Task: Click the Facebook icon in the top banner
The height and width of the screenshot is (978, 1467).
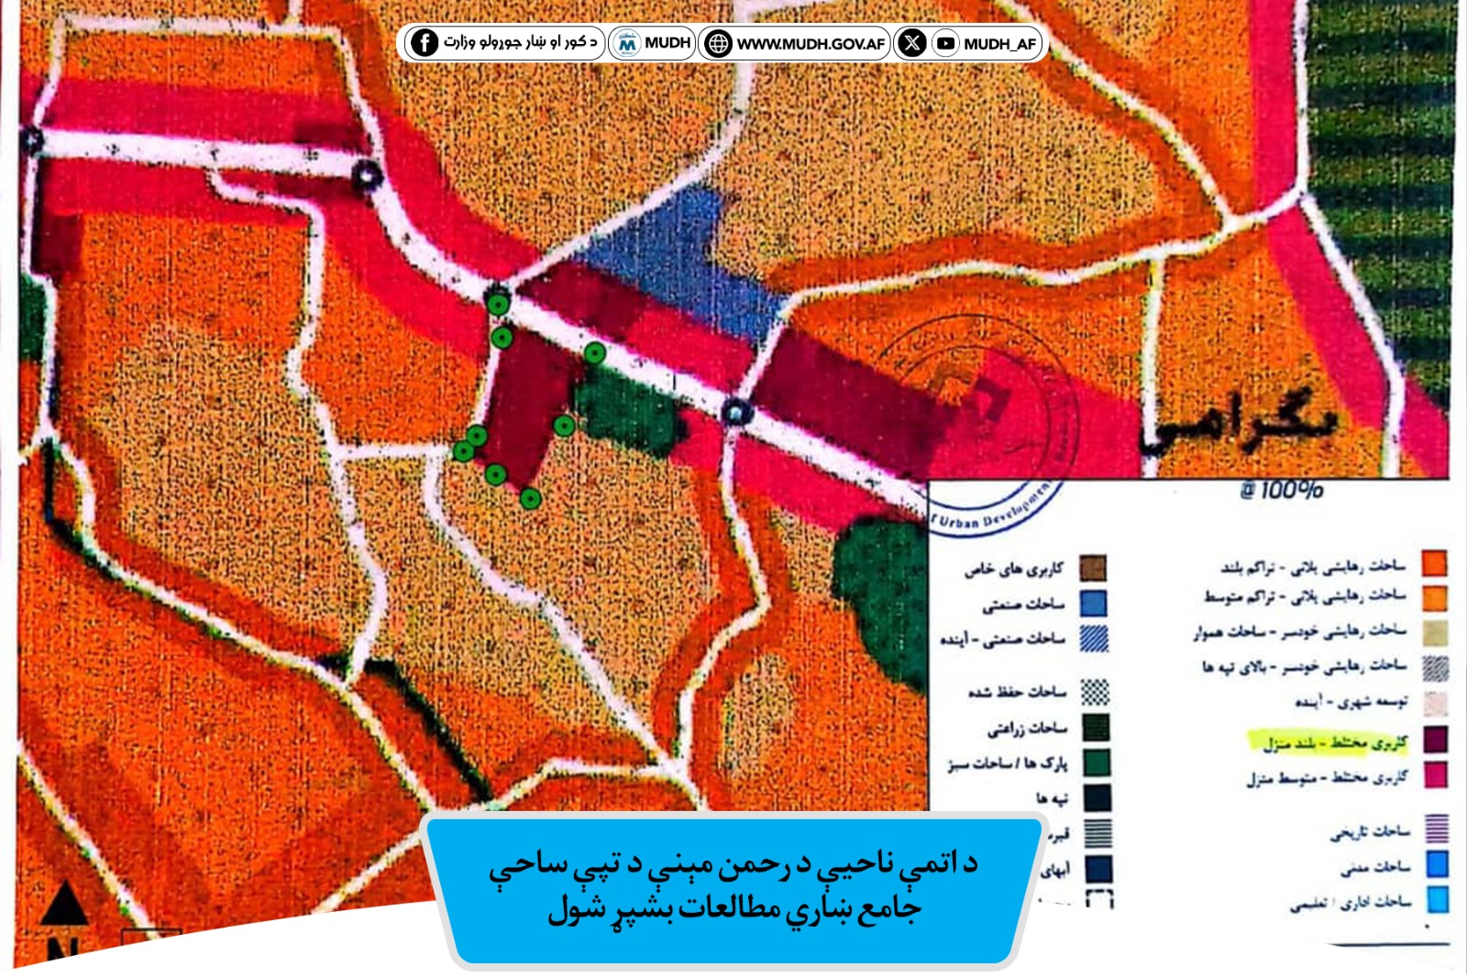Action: (x=424, y=42)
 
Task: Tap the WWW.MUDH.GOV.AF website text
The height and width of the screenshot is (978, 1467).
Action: (x=811, y=43)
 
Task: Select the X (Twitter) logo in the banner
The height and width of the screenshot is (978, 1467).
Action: (x=911, y=42)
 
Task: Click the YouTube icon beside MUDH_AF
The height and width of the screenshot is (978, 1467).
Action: (x=945, y=43)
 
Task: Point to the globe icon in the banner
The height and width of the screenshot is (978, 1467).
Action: (x=718, y=43)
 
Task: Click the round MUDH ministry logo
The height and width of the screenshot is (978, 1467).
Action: (x=627, y=43)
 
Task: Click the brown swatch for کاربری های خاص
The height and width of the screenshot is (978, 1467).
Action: (x=1093, y=568)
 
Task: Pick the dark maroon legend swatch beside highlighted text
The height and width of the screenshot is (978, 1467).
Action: (x=1435, y=739)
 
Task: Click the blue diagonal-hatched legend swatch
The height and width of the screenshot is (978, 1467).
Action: (x=1094, y=638)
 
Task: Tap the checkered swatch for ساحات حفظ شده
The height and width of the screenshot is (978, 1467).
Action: (x=1095, y=692)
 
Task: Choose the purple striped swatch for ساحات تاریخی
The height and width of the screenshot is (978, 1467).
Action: (x=1436, y=829)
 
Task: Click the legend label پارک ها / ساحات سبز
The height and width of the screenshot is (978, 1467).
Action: (x=1009, y=763)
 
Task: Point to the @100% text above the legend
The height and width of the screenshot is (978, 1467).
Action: (x=1281, y=490)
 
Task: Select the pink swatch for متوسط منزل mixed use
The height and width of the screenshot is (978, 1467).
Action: (x=1435, y=775)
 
